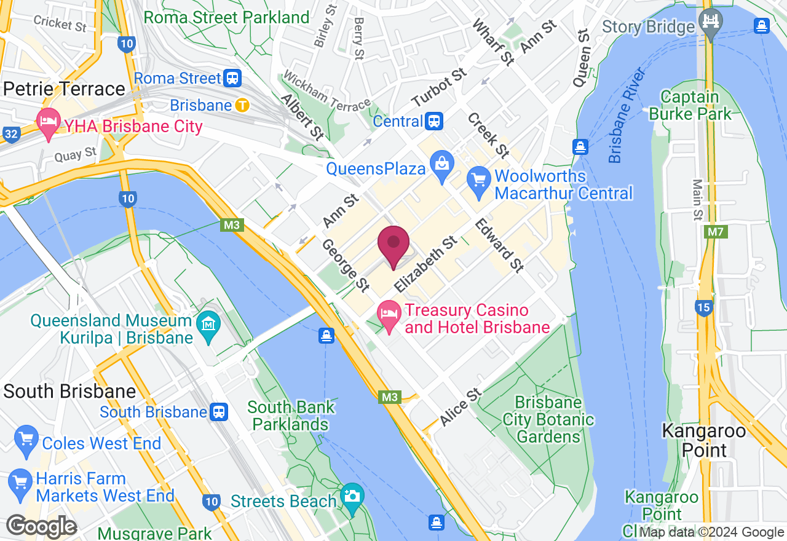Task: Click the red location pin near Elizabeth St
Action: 393,246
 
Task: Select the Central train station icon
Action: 434,121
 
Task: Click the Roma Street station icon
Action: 232,78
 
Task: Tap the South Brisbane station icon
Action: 219,411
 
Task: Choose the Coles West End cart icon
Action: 26,440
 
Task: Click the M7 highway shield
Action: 715,232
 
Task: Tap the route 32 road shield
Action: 9,133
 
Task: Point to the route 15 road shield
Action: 703,307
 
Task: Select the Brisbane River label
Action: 628,115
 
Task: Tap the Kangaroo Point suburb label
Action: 703,440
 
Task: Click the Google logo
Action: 41,527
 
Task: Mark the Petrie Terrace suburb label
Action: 64,89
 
